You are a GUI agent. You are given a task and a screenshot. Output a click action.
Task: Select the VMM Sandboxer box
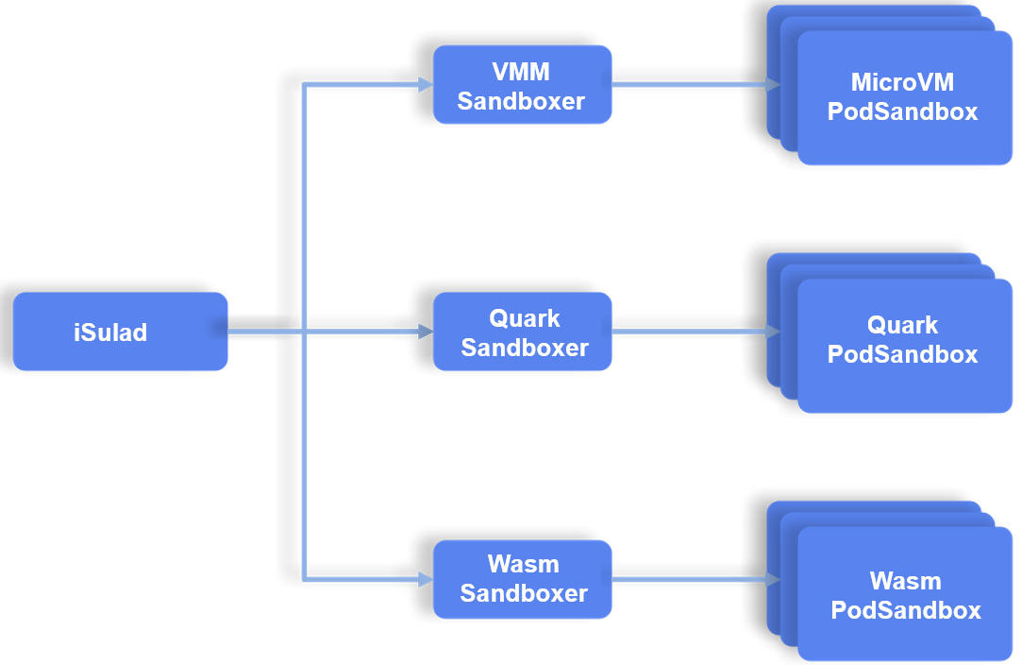pyautogui.click(x=522, y=85)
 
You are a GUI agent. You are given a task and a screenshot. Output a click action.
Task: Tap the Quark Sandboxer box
pyautogui.click(x=522, y=332)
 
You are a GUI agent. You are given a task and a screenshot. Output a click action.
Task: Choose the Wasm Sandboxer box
pyautogui.click(x=522, y=579)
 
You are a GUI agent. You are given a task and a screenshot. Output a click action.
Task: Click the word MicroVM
pyautogui.click(x=902, y=82)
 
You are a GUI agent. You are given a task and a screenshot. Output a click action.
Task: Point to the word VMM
pyautogui.click(x=521, y=72)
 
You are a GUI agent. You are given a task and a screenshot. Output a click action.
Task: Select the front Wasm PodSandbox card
pyautogui.click(x=904, y=595)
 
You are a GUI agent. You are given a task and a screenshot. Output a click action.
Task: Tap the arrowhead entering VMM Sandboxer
pyautogui.click(x=425, y=85)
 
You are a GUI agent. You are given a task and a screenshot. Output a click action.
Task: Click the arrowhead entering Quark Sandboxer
pyautogui.click(x=425, y=332)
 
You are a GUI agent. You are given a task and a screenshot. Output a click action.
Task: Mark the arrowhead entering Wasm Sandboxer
pyautogui.click(x=425, y=579)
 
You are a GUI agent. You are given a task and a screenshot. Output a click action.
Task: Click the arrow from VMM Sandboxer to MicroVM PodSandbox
pyautogui.click(x=694, y=85)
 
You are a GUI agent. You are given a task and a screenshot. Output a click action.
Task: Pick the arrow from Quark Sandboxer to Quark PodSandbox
pyautogui.click(x=694, y=332)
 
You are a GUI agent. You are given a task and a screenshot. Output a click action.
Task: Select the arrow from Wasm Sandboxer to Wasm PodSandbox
pyautogui.click(x=694, y=579)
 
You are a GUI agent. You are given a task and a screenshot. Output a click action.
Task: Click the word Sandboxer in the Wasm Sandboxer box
pyautogui.click(x=524, y=593)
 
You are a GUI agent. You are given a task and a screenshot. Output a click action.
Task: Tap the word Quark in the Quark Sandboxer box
pyautogui.click(x=524, y=318)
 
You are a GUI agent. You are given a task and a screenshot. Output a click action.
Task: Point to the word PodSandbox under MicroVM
pyautogui.click(x=902, y=111)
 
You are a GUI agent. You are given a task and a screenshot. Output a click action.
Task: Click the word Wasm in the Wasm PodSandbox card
pyautogui.click(x=905, y=581)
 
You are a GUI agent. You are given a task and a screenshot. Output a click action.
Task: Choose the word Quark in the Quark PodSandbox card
pyautogui.click(x=902, y=326)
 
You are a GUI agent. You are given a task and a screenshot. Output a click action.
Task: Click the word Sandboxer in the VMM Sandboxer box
pyautogui.click(x=521, y=101)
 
